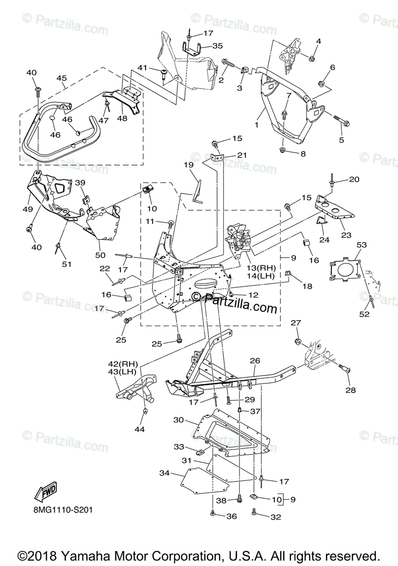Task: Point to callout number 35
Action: tap(218, 46)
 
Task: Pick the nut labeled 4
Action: tap(313, 58)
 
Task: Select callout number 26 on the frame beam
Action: tap(255, 361)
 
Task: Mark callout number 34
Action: tap(164, 473)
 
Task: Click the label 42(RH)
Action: tap(122, 364)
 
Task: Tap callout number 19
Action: tap(188, 165)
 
